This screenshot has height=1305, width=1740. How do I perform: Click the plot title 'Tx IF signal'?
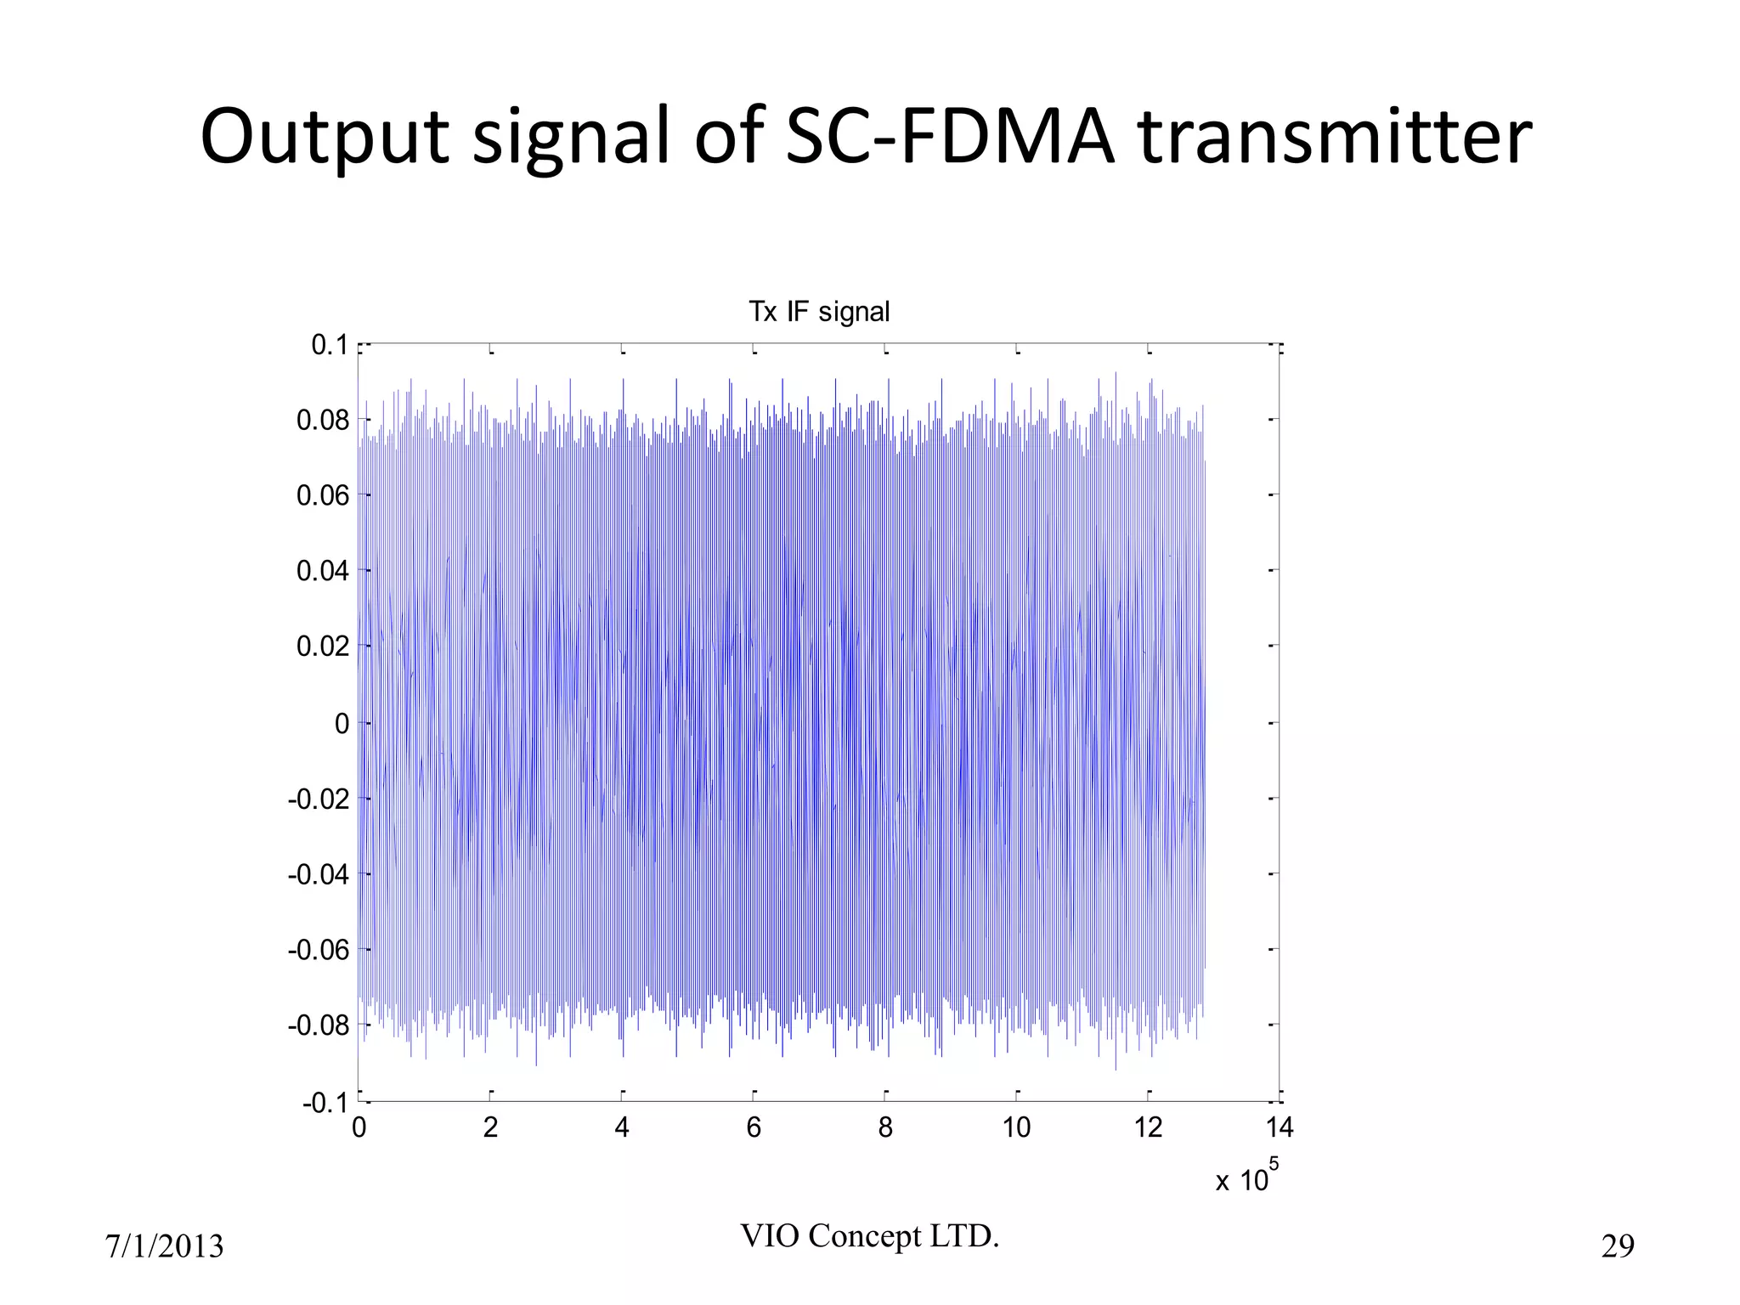[x=819, y=312]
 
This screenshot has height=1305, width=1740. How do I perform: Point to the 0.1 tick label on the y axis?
[x=330, y=345]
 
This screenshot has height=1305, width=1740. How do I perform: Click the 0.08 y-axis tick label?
[x=323, y=420]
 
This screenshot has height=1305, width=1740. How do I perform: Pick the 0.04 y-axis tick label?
[x=323, y=571]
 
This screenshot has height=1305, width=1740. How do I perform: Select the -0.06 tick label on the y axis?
[x=319, y=950]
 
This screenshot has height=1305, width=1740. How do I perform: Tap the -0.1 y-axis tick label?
[x=325, y=1104]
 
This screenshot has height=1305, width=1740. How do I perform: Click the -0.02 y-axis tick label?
[x=319, y=799]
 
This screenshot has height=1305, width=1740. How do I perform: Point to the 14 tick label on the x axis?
[x=1280, y=1128]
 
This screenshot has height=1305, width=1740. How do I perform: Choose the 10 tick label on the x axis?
[x=1016, y=1128]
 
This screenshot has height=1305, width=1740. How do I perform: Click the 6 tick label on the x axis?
[x=754, y=1128]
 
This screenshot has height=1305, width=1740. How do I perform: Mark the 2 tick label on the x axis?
[x=490, y=1128]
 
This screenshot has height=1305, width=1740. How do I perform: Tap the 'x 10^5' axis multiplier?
[x=1246, y=1178]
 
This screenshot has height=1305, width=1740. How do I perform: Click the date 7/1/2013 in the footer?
[x=164, y=1246]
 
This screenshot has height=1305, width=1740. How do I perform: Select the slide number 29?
[x=1618, y=1246]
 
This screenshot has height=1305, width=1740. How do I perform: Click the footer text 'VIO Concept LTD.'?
[x=870, y=1236]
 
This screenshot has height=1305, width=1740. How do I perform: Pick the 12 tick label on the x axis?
[x=1148, y=1128]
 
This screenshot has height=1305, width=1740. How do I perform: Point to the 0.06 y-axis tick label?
[x=323, y=495]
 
